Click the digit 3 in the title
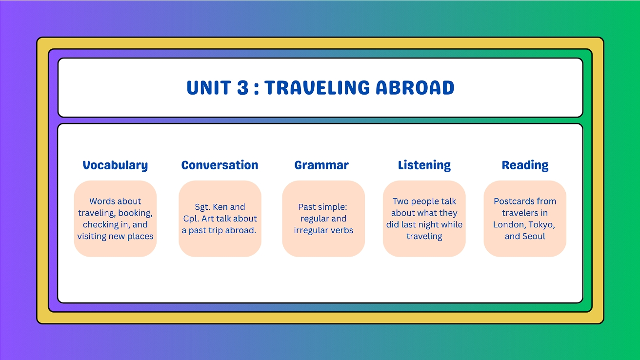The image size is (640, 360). click(x=242, y=87)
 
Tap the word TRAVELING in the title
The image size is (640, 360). click(x=317, y=87)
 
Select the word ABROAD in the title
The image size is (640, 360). click(x=415, y=87)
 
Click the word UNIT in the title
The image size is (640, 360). click(x=209, y=87)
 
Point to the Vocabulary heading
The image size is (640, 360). click(x=115, y=165)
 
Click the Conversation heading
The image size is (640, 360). click(x=220, y=165)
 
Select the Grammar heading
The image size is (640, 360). click(x=321, y=165)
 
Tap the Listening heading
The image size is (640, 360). click(x=424, y=165)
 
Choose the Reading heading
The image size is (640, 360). click(x=525, y=165)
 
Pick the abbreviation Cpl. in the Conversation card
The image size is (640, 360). click(x=191, y=219)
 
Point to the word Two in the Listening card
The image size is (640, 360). click(x=400, y=201)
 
